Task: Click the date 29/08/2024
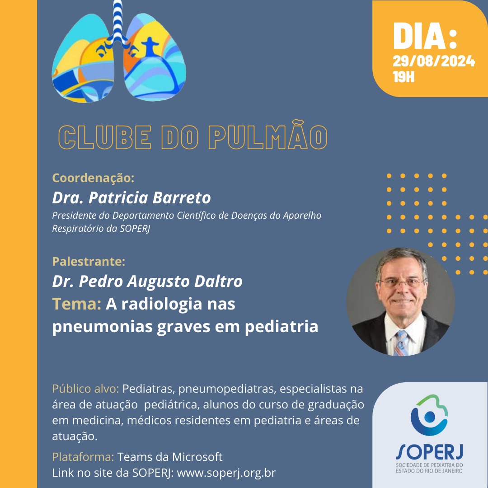point(433,61)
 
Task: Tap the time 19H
point(404,77)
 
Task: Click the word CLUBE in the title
point(105,137)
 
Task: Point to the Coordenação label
point(93,178)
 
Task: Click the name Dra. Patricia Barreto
point(131,197)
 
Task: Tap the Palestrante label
point(89,262)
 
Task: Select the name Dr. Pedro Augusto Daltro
point(147,282)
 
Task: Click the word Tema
point(76,304)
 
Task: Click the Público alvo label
point(85,389)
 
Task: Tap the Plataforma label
point(83,457)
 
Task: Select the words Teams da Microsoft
point(169,457)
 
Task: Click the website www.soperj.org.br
point(226,473)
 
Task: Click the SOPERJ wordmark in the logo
point(430,452)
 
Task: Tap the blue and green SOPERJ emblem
point(429,415)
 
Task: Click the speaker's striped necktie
point(400,343)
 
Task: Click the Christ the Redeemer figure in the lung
point(150,46)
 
